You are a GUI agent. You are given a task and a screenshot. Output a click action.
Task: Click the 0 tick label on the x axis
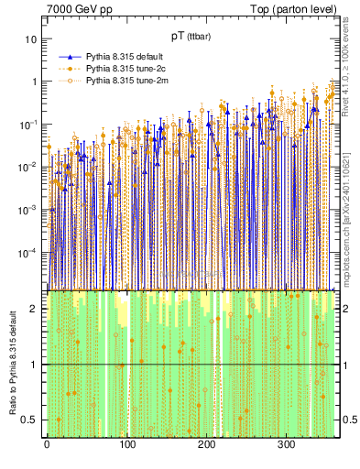(47, 443)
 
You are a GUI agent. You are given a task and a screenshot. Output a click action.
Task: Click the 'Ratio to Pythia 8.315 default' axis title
(11, 364)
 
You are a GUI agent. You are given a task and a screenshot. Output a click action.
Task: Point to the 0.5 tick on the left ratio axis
(29, 420)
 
